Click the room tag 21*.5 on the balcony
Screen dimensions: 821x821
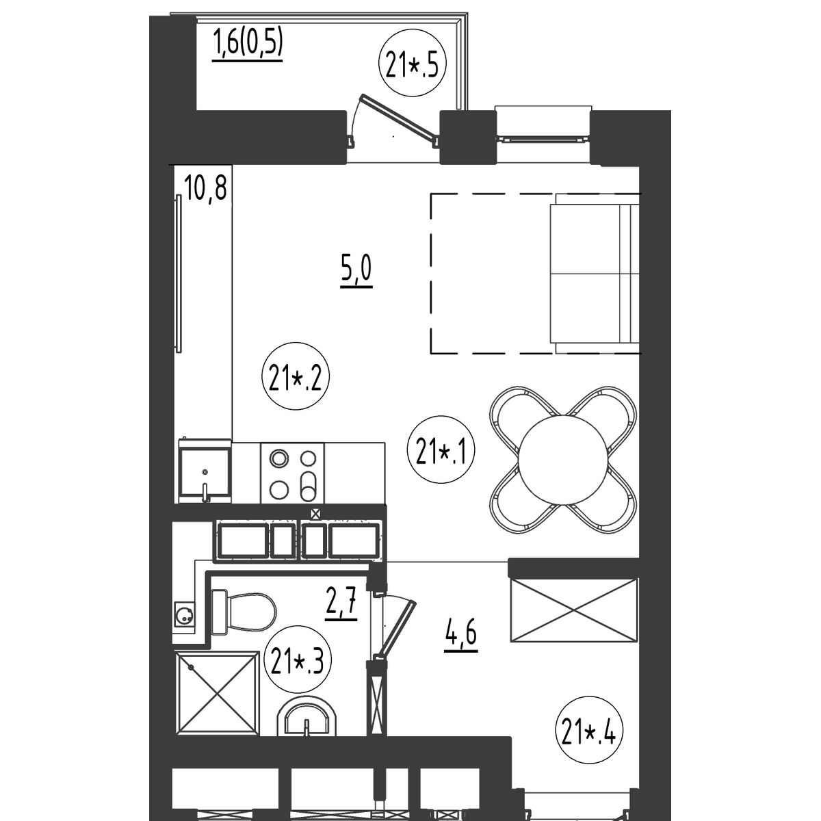click(x=412, y=63)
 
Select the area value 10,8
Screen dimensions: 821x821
click(x=206, y=189)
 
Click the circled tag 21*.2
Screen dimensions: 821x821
click(x=296, y=376)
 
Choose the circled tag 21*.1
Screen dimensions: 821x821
click(x=441, y=450)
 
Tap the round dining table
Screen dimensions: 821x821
click(x=563, y=460)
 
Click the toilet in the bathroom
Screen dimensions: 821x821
click(x=243, y=612)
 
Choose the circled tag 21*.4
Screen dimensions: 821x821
click(x=589, y=731)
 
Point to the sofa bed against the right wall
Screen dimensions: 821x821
click(x=595, y=273)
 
